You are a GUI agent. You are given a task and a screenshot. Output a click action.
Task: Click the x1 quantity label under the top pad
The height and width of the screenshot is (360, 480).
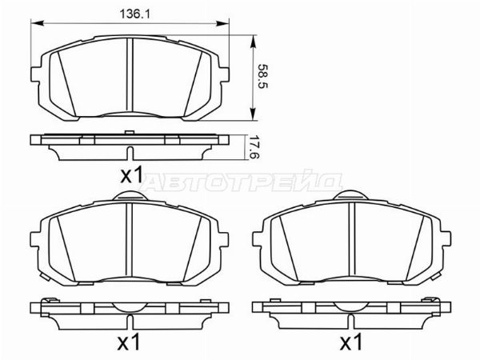coord(130,174)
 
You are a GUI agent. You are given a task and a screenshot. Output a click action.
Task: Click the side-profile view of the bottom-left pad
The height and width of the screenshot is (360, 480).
coord(130,310)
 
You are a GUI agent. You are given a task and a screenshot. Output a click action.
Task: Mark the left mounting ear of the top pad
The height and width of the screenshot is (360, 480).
coord(38,73)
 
